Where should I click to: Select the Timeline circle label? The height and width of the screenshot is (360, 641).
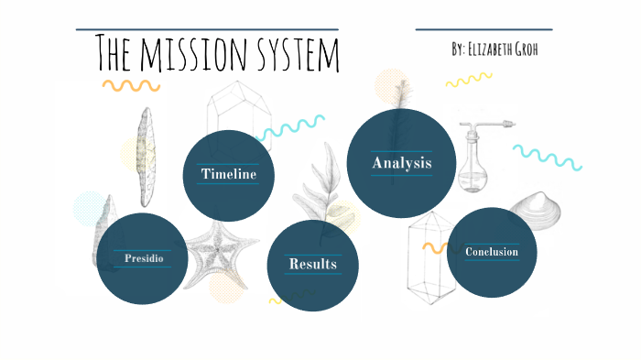[x=229, y=174]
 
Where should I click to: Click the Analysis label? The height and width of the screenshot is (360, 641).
[x=401, y=163]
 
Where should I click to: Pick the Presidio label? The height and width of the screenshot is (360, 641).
[x=144, y=258]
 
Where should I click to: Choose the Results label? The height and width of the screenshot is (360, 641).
[x=312, y=264]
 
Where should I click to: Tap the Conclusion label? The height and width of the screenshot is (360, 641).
[x=492, y=252]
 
